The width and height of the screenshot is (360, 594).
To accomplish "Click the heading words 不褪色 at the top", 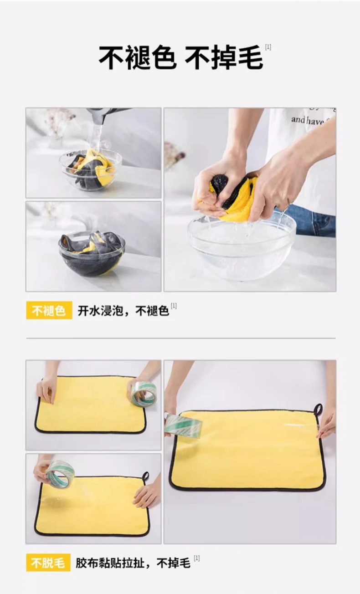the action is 138,57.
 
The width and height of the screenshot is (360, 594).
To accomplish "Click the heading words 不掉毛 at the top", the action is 224,57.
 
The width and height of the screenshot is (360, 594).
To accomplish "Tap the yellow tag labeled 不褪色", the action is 49,310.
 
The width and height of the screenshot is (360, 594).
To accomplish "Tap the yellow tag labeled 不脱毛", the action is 48,563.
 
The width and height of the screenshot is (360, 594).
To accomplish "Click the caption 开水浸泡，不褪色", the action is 123,311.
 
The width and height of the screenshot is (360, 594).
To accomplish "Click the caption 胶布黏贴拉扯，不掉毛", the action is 133,563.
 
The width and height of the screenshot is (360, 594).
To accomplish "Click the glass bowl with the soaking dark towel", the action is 92,253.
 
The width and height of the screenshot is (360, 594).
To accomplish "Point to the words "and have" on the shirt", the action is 308,121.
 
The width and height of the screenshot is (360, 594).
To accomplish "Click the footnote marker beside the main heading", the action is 268,47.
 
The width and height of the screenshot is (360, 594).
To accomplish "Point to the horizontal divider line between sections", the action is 181,338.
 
